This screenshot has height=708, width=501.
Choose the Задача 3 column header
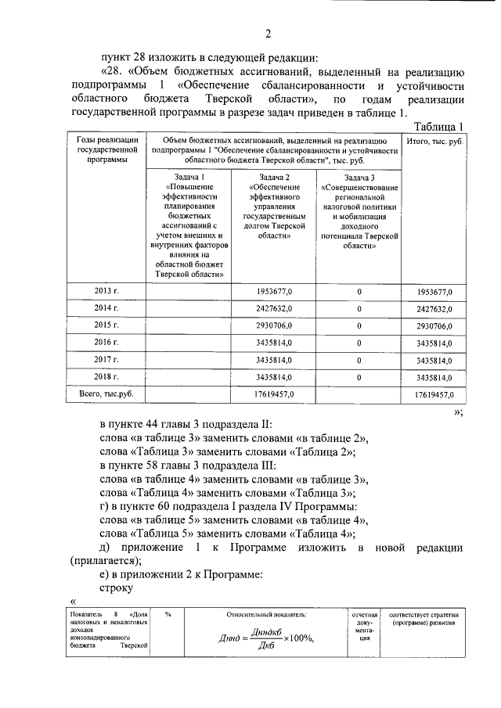(359, 210)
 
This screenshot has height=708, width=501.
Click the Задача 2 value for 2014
(274, 309)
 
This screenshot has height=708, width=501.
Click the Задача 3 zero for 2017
(359, 360)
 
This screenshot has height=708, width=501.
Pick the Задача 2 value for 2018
(274, 377)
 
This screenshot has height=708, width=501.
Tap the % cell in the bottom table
(168, 614)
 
